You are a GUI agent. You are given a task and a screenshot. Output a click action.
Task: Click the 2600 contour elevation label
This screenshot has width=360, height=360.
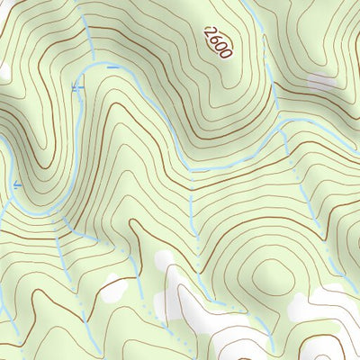[x=218, y=42]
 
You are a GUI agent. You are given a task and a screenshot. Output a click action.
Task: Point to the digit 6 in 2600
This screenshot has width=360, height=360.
[x=215, y=39]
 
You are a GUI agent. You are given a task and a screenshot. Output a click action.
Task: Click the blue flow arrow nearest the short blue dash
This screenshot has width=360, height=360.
[x=76, y=87]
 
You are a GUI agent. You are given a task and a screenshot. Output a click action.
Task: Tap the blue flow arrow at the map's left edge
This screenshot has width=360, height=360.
[x=15, y=185]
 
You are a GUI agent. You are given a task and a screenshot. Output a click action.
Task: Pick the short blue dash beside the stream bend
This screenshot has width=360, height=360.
[x=112, y=67]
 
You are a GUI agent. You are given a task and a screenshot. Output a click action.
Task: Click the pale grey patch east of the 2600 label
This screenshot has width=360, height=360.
[x=321, y=82]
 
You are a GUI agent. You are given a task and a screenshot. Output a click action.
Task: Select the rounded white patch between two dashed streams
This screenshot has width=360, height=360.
[x=164, y=261]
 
